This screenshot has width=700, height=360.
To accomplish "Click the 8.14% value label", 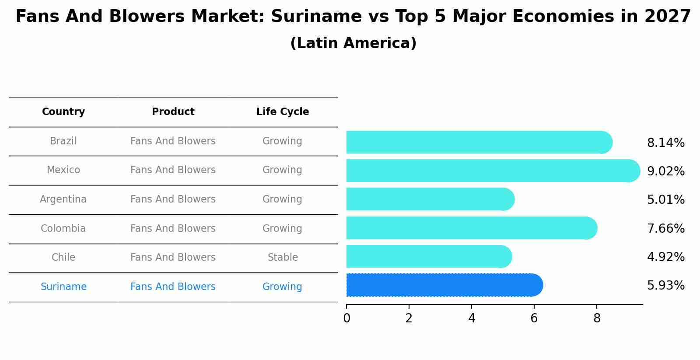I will tap(665, 143).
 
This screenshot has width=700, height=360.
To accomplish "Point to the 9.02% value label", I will tap(665, 171).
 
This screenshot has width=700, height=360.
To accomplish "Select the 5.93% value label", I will tap(665, 286).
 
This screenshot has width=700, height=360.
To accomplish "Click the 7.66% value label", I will tap(665, 228).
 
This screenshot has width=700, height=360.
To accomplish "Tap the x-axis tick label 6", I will tap(534, 318).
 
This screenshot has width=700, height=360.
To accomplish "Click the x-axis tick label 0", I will tap(346, 318).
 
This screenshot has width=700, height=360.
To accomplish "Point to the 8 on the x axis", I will tap(597, 318).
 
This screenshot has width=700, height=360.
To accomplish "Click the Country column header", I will tap(63, 112).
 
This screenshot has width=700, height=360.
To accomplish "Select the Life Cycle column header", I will tap(283, 112).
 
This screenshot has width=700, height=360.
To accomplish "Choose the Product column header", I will tap(173, 112).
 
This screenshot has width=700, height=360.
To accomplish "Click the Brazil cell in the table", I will tap(63, 141).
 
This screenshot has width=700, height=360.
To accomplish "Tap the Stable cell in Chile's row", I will tap(283, 258).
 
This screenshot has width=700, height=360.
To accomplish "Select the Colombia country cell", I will tap(63, 229).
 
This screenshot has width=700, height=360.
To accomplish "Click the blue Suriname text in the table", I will tap(63, 287).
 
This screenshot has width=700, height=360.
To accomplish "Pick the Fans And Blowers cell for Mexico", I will tap(173, 170).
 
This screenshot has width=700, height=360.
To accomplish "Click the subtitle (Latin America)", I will tap(353, 43).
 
